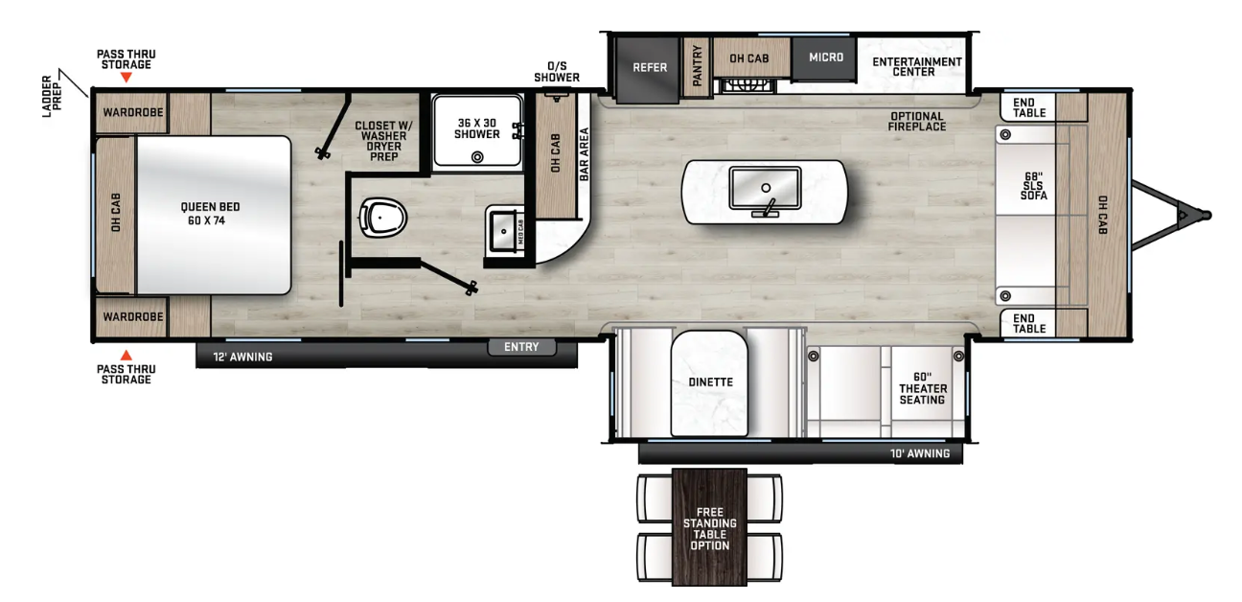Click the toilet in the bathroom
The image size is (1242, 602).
click(x=382, y=218)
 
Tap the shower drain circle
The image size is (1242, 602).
click(x=477, y=157)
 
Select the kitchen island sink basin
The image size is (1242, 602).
click(x=765, y=188)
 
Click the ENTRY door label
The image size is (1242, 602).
click(x=521, y=347)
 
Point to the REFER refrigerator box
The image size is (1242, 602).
click(x=648, y=69)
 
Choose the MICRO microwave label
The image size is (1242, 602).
click(x=825, y=58)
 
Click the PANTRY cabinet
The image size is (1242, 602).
click(x=697, y=67)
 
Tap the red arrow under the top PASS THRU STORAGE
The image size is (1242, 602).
click(x=126, y=78)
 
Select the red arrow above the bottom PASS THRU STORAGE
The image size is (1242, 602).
click(x=126, y=355)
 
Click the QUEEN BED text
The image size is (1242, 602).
click(x=210, y=207)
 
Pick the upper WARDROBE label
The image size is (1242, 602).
click(x=133, y=112)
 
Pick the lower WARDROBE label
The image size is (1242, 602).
click(x=133, y=316)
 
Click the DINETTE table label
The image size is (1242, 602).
click(x=710, y=382)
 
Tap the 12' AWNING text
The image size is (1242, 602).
click(x=242, y=357)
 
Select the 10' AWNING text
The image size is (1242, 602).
click(x=920, y=453)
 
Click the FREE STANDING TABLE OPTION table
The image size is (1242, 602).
click(x=709, y=527)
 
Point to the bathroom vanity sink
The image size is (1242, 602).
click(x=503, y=231)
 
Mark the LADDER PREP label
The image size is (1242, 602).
click(x=53, y=96)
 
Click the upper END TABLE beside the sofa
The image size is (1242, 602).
click(x=1028, y=107)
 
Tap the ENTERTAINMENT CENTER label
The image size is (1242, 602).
click(x=916, y=66)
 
